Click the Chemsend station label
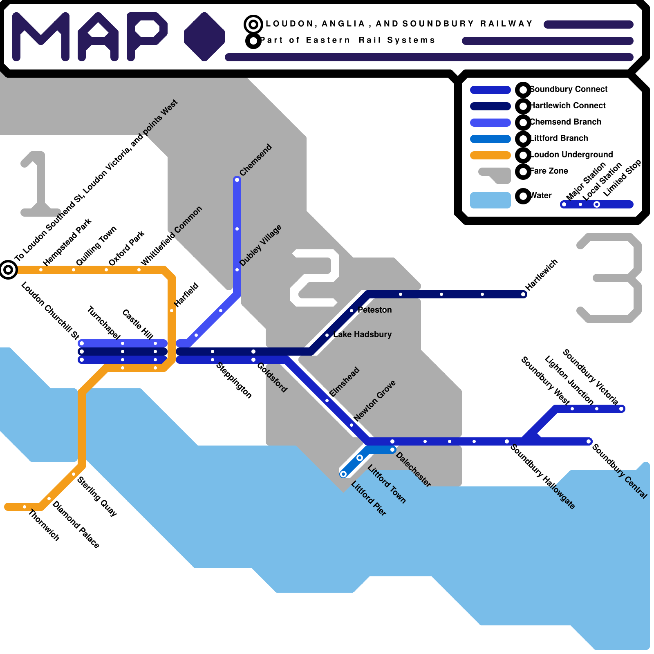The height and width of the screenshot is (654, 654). tap(255, 160)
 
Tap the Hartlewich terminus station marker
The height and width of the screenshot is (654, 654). tap(524, 294)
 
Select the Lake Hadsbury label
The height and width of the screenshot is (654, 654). tap(362, 334)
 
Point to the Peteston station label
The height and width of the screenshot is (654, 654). tap(374, 310)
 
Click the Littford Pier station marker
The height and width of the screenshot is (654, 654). tap(343, 474)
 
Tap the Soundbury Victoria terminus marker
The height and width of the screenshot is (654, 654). tap(621, 409)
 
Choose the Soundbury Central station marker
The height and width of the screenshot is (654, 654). tap(589, 441)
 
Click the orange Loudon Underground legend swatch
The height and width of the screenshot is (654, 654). tap(490, 155)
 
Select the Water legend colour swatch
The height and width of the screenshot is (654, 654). tap(490, 200)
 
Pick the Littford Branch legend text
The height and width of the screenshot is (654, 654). tap(559, 138)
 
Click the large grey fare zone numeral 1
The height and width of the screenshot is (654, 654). tap(39, 184)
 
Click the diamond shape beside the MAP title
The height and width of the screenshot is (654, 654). tap(204, 37)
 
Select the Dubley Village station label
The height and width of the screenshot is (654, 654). tap(260, 245)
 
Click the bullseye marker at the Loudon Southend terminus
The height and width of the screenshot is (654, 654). tap(8, 270)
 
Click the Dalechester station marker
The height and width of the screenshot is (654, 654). tap(393, 450)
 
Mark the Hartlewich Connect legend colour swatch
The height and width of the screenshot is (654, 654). tap(490, 106)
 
